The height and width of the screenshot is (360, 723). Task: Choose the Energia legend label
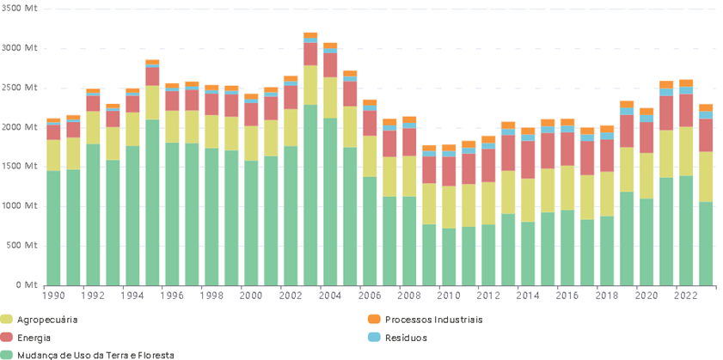(34, 338)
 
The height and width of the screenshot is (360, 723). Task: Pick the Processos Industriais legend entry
(433, 320)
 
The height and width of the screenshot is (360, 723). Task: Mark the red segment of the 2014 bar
(528, 160)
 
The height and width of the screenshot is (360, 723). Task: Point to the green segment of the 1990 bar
(53, 228)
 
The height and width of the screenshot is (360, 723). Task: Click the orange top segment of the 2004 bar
(330, 46)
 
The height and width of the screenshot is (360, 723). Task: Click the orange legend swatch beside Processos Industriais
(372, 320)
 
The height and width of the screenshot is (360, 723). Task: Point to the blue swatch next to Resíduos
(372, 338)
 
